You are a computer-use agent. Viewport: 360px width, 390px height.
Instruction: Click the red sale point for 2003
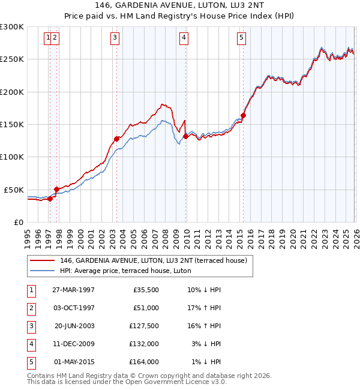[116, 139]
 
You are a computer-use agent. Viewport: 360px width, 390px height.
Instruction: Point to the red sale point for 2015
[243, 115]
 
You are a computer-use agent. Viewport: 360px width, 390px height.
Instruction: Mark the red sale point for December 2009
[185, 136]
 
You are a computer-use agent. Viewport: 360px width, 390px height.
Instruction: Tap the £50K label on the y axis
[14, 190]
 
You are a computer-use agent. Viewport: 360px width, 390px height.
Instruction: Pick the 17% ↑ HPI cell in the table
[203, 308]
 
